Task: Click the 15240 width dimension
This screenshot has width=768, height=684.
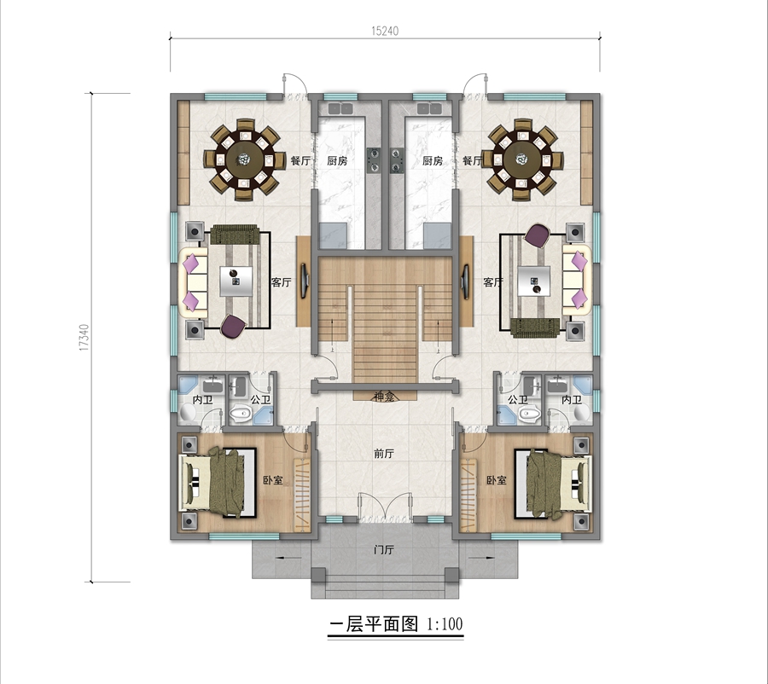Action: click(385, 31)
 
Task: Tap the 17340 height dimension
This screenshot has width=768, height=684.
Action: click(84, 338)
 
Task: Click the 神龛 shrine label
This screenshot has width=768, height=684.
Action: click(385, 396)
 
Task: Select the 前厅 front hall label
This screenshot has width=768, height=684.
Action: click(384, 454)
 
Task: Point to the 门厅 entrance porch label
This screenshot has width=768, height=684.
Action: click(384, 550)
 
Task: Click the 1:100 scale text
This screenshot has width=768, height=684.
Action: click(445, 623)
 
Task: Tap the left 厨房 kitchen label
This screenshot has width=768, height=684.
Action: click(337, 160)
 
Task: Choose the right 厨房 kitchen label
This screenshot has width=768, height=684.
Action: click(433, 160)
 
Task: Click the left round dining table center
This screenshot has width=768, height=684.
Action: click(244, 159)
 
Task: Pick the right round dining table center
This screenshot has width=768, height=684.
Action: click(521, 159)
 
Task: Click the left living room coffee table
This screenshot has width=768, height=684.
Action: click(236, 281)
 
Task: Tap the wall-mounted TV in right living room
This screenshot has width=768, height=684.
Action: click(465, 281)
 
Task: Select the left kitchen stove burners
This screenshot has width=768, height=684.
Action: click(374, 160)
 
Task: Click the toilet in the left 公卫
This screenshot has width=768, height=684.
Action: click(240, 414)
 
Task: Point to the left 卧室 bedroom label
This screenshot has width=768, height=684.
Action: click(273, 480)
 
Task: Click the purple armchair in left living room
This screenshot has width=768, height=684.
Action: click(232, 327)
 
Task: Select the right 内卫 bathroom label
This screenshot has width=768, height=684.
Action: click(572, 400)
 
